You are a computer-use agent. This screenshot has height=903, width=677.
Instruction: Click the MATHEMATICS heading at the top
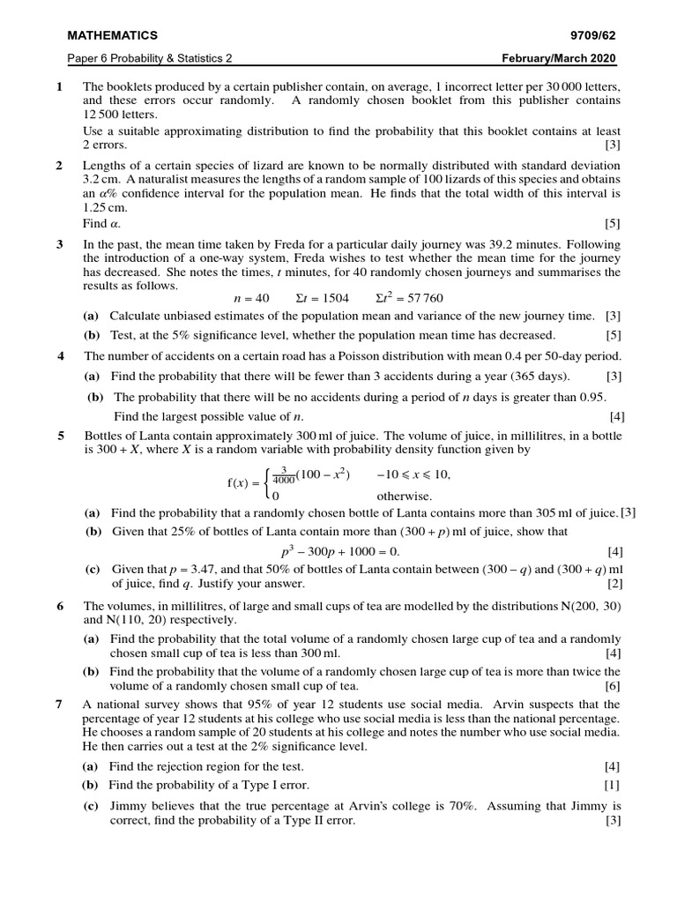click(113, 35)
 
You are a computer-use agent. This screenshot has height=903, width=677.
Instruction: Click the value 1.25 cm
click(105, 208)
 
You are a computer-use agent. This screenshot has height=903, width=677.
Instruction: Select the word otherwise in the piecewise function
click(405, 496)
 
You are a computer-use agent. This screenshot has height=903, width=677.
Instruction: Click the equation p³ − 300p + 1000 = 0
click(339, 551)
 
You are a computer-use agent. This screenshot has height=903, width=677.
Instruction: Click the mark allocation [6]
click(612, 686)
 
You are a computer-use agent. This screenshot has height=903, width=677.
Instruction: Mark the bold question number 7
click(59, 705)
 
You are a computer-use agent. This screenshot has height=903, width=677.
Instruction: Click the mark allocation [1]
click(612, 785)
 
